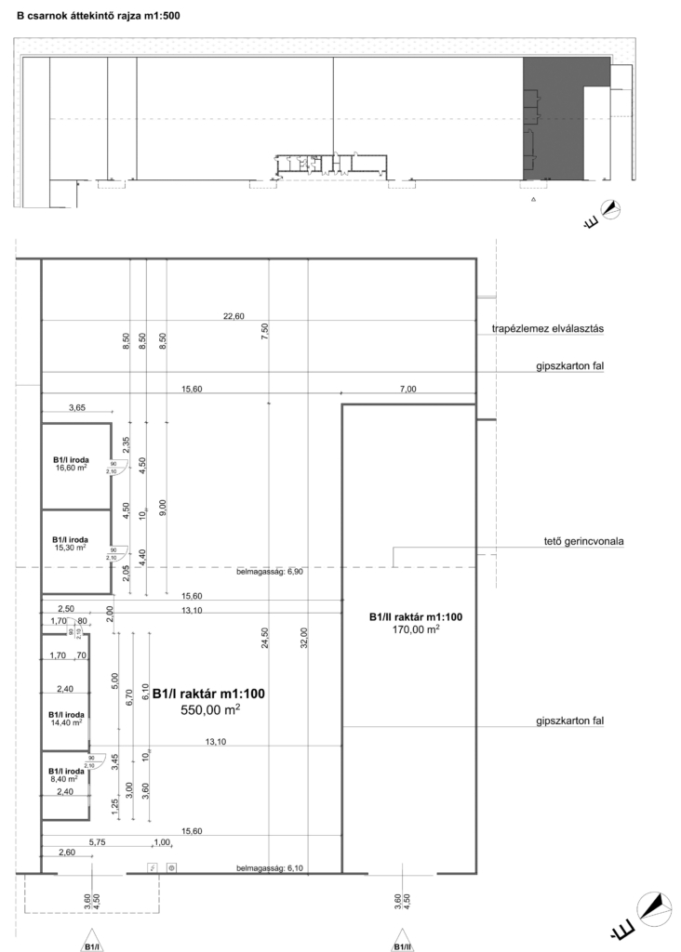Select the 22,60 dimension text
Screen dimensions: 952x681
coord(234,317)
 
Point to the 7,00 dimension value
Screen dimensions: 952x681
coord(408,389)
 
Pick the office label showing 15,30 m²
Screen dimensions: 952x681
coord(70,544)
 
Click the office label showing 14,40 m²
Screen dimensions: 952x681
coord(65,718)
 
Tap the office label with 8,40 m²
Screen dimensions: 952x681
coord(65,775)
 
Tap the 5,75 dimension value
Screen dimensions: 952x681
coord(98,842)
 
